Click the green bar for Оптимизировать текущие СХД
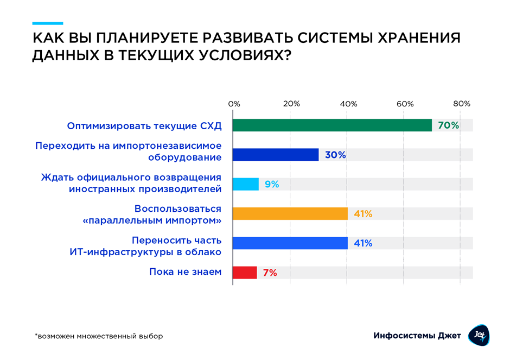point(332,125)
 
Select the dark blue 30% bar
point(276,155)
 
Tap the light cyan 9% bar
point(246,184)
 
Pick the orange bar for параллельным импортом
point(290,213)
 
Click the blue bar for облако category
point(290,243)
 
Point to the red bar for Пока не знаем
point(245,273)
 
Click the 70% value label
point(448,125)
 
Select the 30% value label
point(335,155)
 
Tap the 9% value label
point(272,184)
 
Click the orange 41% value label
point(363,214)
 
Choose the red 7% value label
point(270,273)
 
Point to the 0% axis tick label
point(234,104)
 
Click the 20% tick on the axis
point(291,104)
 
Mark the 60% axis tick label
point(405,104)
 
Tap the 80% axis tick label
point(462,104)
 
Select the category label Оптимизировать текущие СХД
point(144,126)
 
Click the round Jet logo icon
point(479,335)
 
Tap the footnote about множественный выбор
point(99,336)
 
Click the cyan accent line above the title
point(47,23)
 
